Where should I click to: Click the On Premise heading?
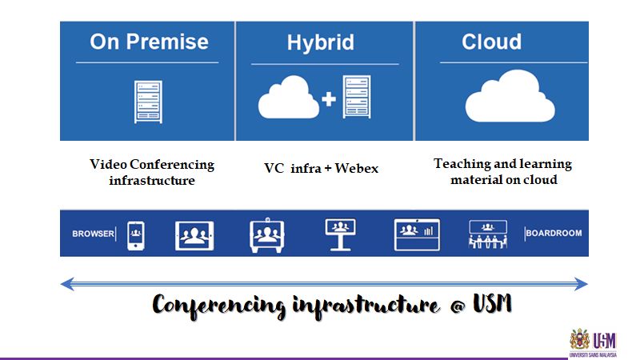pos(149,42)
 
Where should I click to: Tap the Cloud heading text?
pos(491,42)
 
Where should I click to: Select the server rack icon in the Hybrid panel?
pos(357,97)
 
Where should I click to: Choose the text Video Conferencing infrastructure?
pos(152,172)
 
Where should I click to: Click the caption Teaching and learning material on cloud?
pos(502,171)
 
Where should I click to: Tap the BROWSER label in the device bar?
pos(93,234)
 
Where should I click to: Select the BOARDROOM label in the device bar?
pos(554,234)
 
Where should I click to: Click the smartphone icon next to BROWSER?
pos(135,234)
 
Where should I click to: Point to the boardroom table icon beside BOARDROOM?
pos(488,234)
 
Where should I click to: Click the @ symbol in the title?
pos(452,305)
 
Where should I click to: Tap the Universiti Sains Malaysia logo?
pos(593,342)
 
